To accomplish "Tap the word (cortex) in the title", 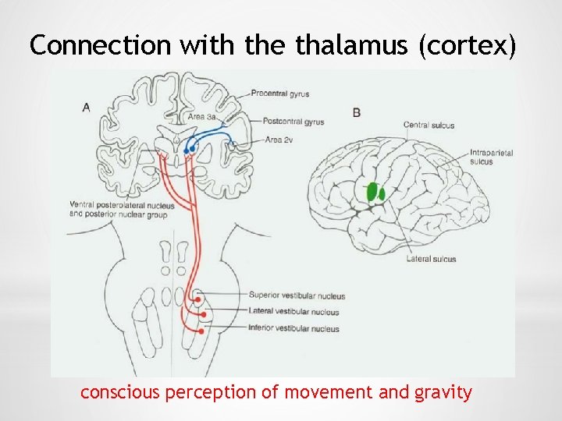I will coord(468,47).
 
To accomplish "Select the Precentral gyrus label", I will coord(279,94).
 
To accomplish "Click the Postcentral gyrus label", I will coord(293,122).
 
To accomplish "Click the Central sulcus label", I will coord(429,125).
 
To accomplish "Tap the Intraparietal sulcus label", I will coord(492,157).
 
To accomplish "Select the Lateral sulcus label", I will coord(431,259).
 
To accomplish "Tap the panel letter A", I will coord(86,107).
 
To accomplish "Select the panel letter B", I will coord(357,112).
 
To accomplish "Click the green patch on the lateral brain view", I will coord(375,192).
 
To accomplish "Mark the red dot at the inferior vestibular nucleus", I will coord(201,331).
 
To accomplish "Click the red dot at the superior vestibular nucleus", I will coord(198,298).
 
